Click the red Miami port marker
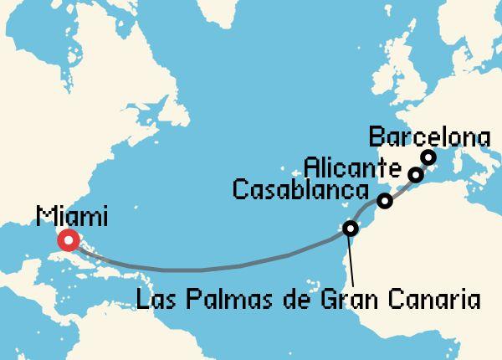click(x=67, y=241)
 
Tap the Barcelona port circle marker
click(x=428, y=157)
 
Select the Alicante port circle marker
click(x=415, y=174)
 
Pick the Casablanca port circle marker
click(x=384, y=201)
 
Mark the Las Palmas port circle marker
click(x=351, y=228)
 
